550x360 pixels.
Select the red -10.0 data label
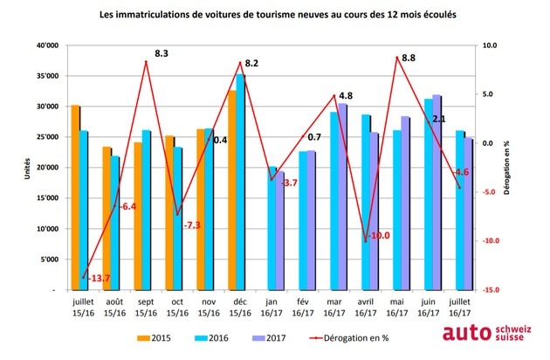(x=379, y=236)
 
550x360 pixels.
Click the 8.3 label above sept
(x=161, y=54)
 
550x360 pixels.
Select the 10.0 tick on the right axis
(x=491, y=46)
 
